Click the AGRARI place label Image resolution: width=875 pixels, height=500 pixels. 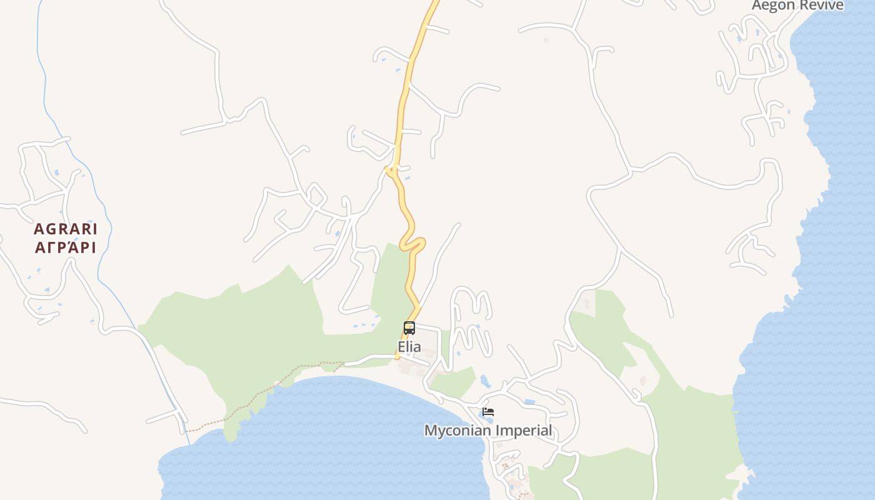[66, 229]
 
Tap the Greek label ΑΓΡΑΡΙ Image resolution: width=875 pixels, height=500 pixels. [66, 247]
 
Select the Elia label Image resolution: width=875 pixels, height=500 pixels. [409, 347]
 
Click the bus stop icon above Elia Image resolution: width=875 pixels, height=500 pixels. [409, 328]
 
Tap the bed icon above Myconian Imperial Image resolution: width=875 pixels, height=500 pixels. [488, 412]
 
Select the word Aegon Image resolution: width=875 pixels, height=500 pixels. [772, 6]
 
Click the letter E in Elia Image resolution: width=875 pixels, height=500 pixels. [401, 347]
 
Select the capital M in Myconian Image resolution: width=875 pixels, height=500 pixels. [430, 431]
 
